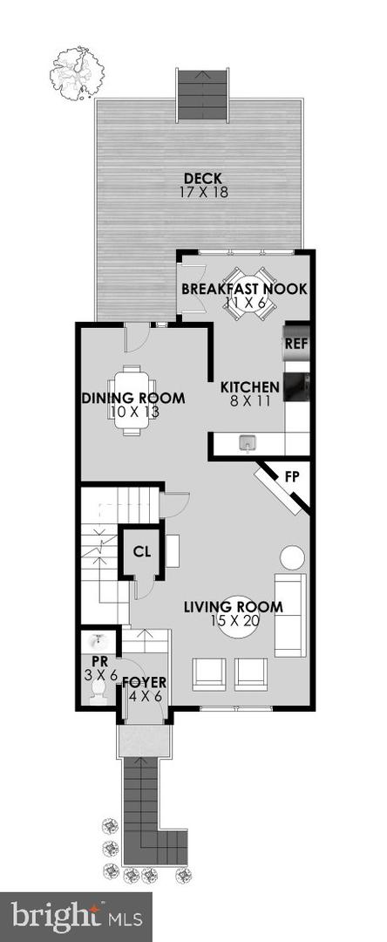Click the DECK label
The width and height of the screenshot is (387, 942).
coord(203,179)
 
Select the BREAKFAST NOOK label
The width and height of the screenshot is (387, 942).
coord(244,289)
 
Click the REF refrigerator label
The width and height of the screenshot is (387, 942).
coord(297,345)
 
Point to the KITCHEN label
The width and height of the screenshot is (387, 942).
coord(249,387)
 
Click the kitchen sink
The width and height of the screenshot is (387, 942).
coord(248,443)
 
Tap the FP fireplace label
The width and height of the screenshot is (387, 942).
coord(292,479)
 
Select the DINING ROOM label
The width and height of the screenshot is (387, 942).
coord(133,398)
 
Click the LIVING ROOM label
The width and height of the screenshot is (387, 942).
coord(234,607)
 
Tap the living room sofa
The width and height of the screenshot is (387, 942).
coord(289,615)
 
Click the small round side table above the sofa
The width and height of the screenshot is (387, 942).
coord(294,556)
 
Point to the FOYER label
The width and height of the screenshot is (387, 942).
coord(144,682)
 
